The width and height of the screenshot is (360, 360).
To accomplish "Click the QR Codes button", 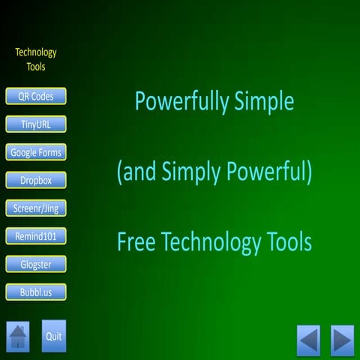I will tap(36, 96).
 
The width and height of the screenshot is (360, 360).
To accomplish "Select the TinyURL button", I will tap(36, 124).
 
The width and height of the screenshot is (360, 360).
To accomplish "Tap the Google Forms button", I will tap(36, 152).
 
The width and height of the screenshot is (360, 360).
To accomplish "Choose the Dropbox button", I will tap(36, 180).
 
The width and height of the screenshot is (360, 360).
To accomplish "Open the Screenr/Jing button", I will tap(36, 208).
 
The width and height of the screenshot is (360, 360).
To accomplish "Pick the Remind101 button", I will tap(36, 236).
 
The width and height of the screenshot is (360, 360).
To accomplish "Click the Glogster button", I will tap(36, 264).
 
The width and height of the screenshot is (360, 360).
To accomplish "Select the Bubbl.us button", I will tap(36, 292).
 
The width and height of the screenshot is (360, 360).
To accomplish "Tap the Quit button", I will tap(54, 336).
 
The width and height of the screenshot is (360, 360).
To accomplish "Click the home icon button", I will tap(18, 337).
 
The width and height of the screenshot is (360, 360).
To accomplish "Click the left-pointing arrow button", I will tap(308, 340).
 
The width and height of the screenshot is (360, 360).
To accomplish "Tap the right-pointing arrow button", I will tap(342, 340).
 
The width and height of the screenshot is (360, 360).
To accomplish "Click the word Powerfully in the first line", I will tap(177, 102).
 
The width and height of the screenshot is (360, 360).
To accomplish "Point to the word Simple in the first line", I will tap(260, 102).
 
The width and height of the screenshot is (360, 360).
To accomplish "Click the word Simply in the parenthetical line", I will tap(189, 173).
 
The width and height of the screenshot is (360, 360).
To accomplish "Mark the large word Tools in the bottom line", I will tap(289, 242).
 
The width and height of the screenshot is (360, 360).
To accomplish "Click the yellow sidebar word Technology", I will tap(36, 52).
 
